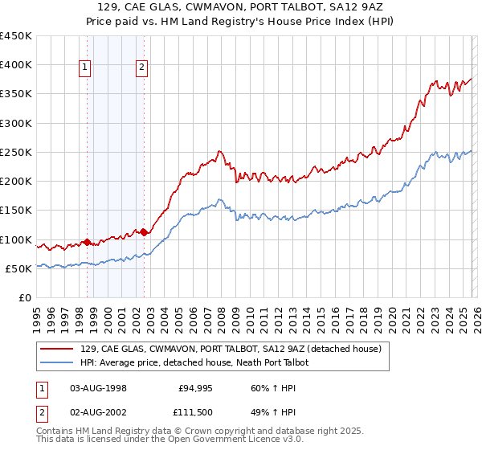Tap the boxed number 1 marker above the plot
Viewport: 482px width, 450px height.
(85, 68)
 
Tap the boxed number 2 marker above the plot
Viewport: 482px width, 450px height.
(142, 68)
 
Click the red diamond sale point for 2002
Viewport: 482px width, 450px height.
(144, 233)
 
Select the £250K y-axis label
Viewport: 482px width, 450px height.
(15, 152)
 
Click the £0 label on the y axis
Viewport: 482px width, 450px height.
(25, 297)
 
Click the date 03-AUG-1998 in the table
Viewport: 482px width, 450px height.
(98, 387)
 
